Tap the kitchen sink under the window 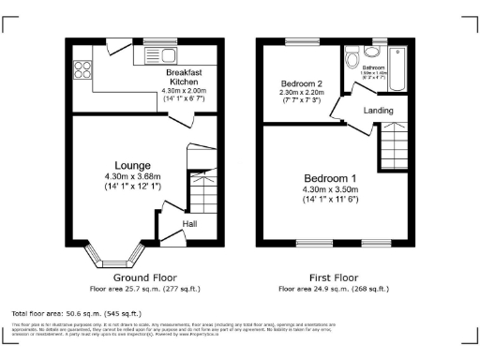150,57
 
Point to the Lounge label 132,166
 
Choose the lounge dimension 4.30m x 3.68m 133,176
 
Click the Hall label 190,224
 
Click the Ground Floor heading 144,278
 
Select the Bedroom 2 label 301,83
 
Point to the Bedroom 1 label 329,179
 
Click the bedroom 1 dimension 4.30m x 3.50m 330,190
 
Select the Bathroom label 374,68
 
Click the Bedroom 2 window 300,43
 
